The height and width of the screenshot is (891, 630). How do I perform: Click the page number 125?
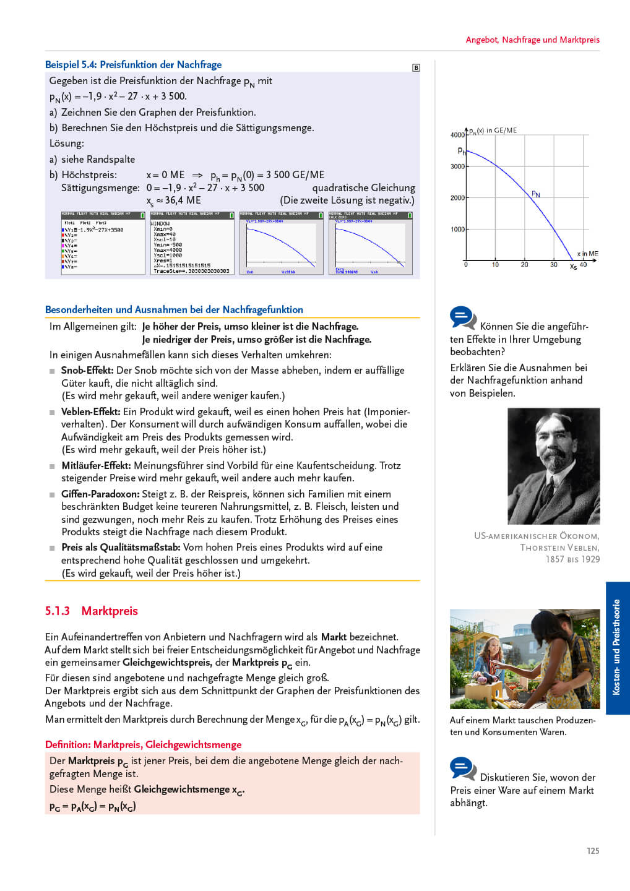[593, 851]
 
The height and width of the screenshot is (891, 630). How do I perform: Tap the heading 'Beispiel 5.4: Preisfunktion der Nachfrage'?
[133, 64]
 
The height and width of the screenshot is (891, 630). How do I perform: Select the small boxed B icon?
[416, 67]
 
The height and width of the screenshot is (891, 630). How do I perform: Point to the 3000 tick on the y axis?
[458, 166]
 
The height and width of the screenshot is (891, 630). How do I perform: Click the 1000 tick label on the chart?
[458, 230]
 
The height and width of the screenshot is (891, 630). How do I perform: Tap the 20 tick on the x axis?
[524, 265]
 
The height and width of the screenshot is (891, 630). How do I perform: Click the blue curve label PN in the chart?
[536, 194]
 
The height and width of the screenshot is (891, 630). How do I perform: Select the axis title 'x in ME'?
[587, 254]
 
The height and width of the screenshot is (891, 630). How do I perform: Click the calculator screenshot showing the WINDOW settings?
[192, 243]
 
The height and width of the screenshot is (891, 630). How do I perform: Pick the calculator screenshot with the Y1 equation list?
[103, 243]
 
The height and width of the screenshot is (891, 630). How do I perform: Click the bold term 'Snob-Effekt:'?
[87, 370]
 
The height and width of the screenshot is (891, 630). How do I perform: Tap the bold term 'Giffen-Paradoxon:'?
[100, 494]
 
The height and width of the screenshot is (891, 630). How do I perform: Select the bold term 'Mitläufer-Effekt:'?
[96, 465]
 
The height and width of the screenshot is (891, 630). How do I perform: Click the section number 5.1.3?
[57, 611]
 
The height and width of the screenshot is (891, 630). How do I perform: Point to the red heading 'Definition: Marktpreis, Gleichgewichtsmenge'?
[143, 744]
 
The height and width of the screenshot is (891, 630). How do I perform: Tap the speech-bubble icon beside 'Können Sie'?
[463, 318]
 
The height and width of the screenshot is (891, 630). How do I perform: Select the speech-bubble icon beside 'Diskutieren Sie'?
[463, 769]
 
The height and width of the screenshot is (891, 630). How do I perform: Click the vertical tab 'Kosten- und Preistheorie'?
[617, 647]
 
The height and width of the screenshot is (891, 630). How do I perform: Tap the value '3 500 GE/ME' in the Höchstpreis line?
[295, 174]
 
